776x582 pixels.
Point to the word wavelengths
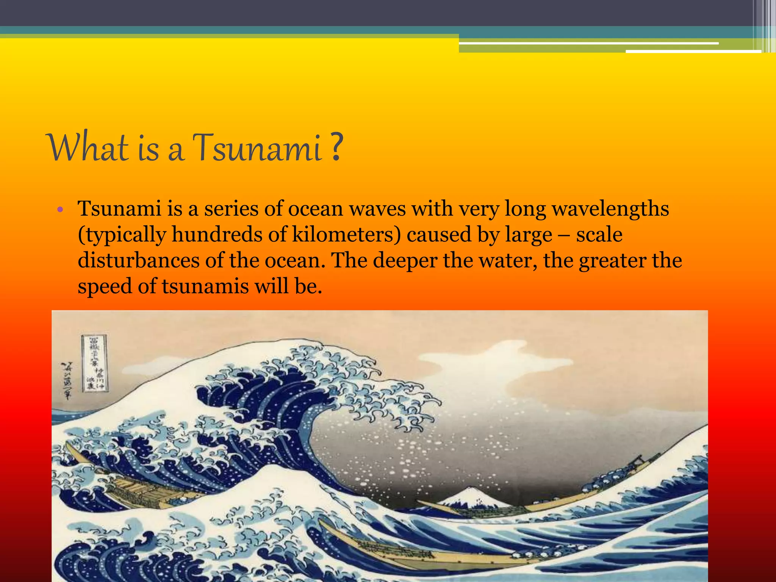(x=610, y=209)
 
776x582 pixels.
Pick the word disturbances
(x=139, y=261)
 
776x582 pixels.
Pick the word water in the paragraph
(x=508, y=261)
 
